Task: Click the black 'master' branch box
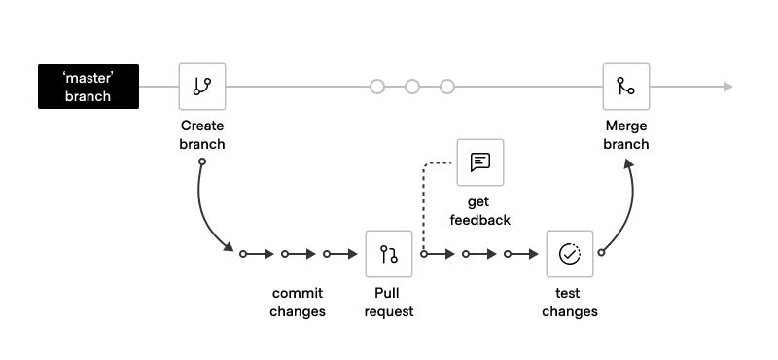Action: point(88,87)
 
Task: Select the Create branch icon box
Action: point(202,87)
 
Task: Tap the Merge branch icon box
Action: point(625,87)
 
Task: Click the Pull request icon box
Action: point(389,254)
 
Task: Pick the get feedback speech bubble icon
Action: point(480,162)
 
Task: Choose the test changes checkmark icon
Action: point(569,254)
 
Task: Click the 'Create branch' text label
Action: point(202,135)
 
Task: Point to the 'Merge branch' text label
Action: point(625,135)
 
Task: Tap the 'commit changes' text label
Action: point(298,303)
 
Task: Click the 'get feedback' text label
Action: point(480,211)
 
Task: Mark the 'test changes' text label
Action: point(569,303)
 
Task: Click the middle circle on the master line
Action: point(412,87)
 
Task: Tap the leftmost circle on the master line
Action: point(377,87)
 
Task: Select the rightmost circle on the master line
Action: point(447,87)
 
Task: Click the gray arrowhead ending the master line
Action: point(726,87)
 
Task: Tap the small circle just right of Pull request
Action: point(424,254)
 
